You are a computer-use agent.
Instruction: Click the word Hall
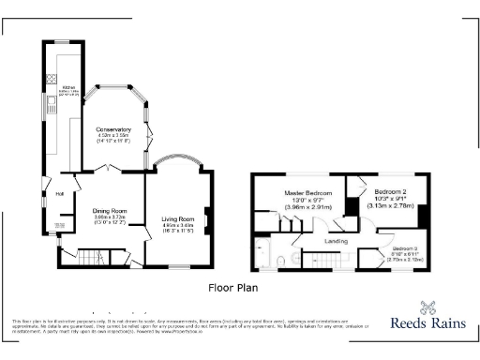click(x=58, y=194)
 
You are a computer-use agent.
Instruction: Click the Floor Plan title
click(x=232, y=289)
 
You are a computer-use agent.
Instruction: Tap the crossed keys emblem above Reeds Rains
click(x=429, y=306)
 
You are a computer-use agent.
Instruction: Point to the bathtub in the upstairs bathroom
click(x=262, y=254)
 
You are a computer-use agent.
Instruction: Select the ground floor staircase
click(x=90, y=257)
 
